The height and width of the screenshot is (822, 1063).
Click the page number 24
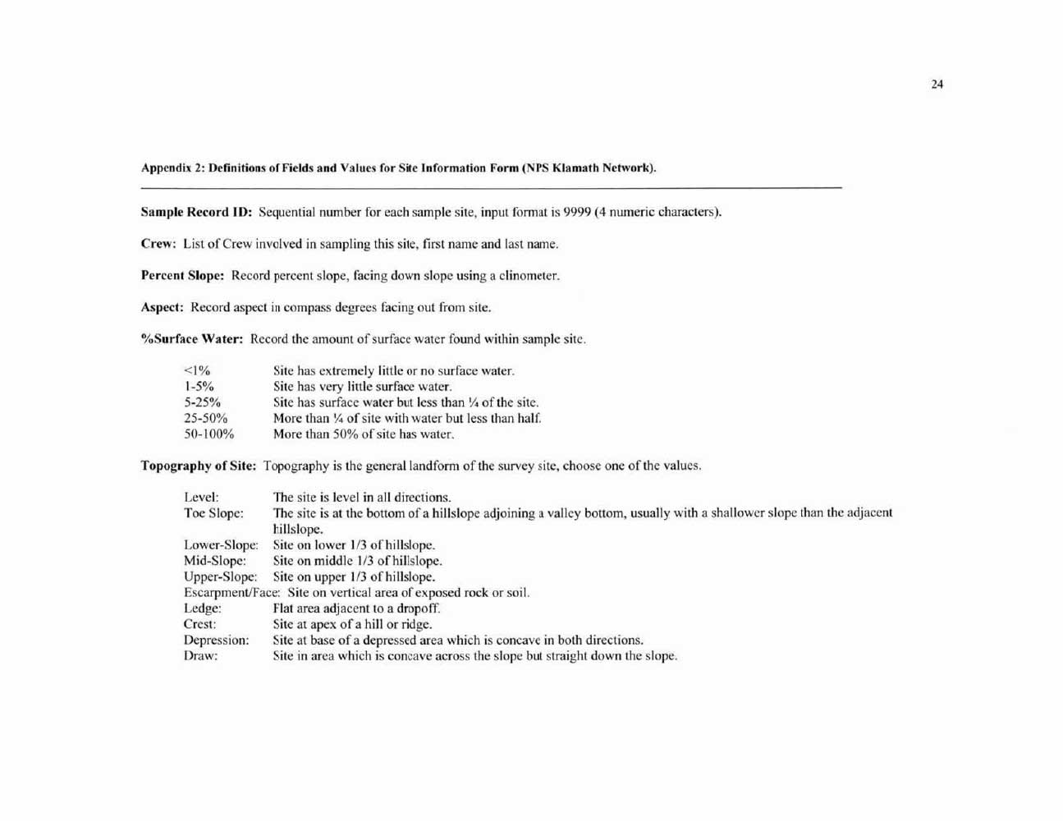click(937, 84)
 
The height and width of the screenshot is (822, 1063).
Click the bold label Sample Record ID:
click(196, 212)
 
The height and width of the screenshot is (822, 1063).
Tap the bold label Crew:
click(158, 244)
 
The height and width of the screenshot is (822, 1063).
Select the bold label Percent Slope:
click(182, 276)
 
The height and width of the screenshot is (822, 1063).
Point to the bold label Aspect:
click(162, 307)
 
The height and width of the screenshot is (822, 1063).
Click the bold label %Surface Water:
click(192, 339)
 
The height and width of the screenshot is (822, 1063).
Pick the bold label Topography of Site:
click(198, 466)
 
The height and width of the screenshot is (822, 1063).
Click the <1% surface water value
click(197, 371)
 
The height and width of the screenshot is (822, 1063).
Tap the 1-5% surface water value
click(199, 387)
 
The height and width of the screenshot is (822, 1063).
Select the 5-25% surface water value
click(202, 402)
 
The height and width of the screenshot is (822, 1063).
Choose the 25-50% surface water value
click(205, 418)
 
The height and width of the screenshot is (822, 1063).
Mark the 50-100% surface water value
click(208, 434)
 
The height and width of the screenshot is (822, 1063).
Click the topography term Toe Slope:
click(213, 513)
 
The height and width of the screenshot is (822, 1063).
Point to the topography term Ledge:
click(202, 608)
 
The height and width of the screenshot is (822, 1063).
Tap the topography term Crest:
click(199, 624)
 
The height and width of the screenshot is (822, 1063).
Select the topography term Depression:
click(216, 641)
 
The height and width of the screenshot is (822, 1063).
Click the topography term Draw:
click(200, 656)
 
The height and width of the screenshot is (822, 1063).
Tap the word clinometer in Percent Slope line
click(525, 276)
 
